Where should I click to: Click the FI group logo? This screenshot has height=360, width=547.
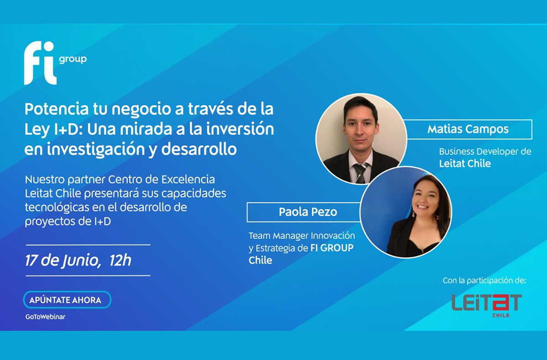(55, 63)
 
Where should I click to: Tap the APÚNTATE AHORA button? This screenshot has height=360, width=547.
(67, 300)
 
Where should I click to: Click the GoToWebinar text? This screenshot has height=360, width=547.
(46, 317)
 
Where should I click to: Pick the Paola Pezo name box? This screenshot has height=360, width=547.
(304, 212)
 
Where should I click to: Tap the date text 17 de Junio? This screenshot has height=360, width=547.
(63, 261)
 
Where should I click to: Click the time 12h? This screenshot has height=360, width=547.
(120, 260)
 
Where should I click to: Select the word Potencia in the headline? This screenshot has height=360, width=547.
(57, 109)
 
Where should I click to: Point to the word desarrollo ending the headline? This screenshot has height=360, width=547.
(199, 149)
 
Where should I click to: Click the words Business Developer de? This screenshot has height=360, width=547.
(485, 152)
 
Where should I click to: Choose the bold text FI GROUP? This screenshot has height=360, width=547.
(332, 248)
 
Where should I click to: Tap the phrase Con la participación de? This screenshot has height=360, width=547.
(485, 281)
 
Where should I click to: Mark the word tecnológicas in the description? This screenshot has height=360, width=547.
(57, 208)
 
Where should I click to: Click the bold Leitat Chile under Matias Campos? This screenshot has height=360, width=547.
(465, 164)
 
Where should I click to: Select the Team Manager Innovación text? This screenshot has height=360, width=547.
(302, 236)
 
